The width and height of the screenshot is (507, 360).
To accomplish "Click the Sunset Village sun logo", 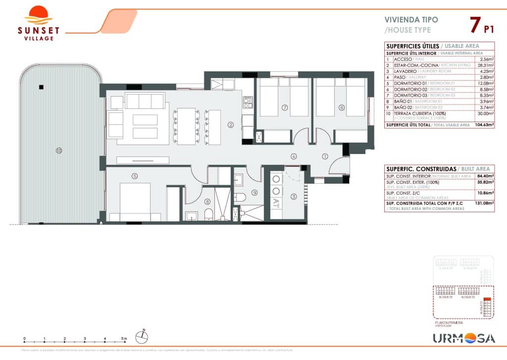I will pos(38,15).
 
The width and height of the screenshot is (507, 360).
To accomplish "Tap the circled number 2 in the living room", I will pos(230,125).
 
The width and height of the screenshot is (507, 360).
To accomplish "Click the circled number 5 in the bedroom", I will pos(135,175).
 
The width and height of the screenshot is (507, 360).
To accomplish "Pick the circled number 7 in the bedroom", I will pos(284,107).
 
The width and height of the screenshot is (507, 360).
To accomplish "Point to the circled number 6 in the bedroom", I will pos(342,107).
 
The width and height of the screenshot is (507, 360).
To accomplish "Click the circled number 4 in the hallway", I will pos(294,156).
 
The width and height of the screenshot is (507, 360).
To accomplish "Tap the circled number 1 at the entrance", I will pos(325,156).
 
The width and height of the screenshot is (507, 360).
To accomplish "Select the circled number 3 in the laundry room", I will pos(294,197).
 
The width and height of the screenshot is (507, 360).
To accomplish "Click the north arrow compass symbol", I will pos(143,337).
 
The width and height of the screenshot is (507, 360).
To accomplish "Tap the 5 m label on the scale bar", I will pos(124,339).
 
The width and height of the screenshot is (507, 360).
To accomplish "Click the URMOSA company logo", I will pos(463,338).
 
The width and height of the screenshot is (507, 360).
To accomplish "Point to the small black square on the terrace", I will pos(41,87).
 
